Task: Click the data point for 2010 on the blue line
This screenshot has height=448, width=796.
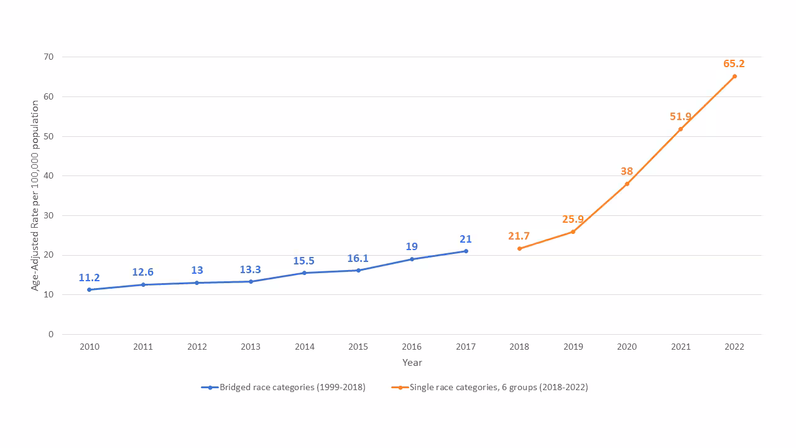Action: (90, 289)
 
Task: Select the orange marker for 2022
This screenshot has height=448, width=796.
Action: (734, 76)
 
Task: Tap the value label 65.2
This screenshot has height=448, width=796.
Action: (734, 63)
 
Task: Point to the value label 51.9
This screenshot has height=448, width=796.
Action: (680, 116)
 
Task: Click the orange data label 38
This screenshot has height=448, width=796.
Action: (626, 171)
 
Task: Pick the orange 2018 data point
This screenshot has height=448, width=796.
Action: (519, 248)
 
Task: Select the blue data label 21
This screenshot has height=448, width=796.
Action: (465, 239)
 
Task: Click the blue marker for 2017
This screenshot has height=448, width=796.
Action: (466, 251)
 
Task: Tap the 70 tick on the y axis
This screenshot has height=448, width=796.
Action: (49, 57)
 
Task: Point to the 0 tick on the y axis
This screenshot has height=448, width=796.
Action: (51, 334)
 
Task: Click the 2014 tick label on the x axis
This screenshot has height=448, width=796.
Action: (304, 347)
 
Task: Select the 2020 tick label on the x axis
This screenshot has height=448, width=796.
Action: (626, 347)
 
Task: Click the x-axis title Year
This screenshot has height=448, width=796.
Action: (412, 363)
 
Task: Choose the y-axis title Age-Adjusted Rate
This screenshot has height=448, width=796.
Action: (35, 195)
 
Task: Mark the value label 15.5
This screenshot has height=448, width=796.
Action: (304, 261)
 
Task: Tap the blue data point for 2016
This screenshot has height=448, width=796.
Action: (412, 259)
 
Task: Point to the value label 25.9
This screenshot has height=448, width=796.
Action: (573, 219)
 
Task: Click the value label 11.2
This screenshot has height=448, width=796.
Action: (90, 278)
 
